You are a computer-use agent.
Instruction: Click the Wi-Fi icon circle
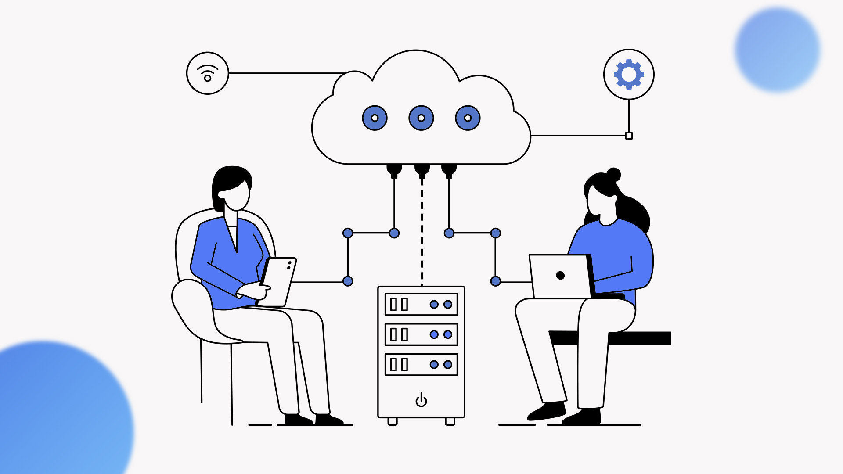208,73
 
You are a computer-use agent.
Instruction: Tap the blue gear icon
629,74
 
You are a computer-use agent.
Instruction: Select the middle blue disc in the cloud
421,118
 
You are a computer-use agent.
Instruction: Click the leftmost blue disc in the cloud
375,118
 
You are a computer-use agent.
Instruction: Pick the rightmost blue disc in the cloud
468,118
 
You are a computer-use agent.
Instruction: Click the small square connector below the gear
629,136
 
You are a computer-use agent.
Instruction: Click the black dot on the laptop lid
560,275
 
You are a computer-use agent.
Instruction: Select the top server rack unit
421,304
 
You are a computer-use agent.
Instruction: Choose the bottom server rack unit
421,364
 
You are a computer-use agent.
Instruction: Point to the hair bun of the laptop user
613,175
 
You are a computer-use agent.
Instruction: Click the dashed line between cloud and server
422,233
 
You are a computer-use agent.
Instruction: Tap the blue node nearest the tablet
348,281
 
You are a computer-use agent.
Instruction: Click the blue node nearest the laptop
495,281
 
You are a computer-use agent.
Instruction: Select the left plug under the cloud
394,170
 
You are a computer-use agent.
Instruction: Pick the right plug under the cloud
449,170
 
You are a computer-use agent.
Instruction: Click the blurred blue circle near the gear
777,50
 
